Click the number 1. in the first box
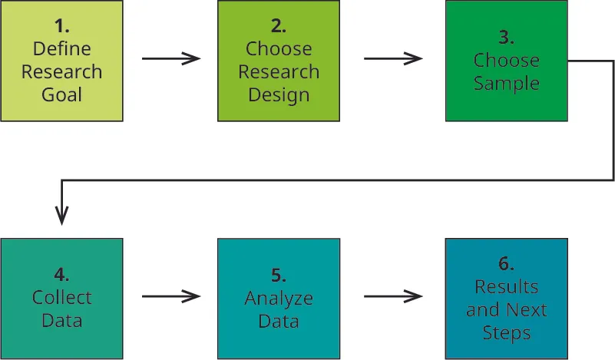61,25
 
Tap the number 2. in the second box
278,25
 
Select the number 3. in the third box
506,37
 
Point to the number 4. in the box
61,275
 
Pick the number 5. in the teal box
278,275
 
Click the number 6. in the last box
506,263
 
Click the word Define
61,49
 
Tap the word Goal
61,96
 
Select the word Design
278,96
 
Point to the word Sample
506,83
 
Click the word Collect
61,298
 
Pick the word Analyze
278,298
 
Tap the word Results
506,286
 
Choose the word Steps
506,333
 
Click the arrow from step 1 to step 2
170,59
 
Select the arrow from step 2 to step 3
392,59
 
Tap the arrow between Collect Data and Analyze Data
170,296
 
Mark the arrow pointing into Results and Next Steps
392,296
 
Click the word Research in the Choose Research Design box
278,72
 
